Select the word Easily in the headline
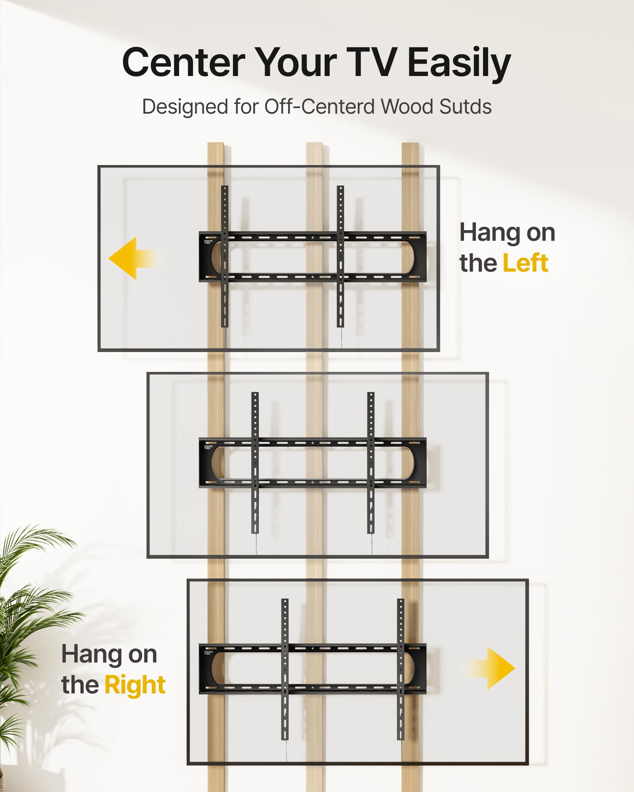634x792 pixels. pos(459,63)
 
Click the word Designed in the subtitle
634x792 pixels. pos(185,107)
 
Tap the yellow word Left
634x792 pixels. pos(525,263)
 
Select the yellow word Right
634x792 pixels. pos(135,685)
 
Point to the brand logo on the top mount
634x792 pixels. pos(208,242)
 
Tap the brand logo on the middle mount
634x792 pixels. pos(208,447)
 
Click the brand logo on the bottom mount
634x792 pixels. pos(208,652)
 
